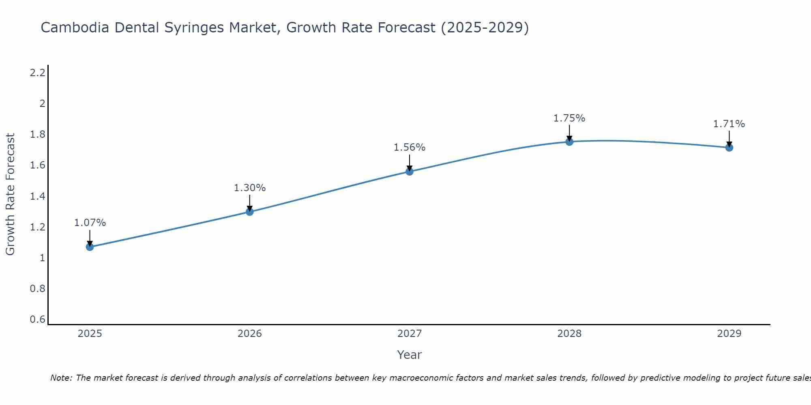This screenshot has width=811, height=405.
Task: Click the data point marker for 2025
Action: pos(90,247)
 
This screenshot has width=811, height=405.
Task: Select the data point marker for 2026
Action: pos(249,211)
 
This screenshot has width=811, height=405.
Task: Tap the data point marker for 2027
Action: pos(409,171)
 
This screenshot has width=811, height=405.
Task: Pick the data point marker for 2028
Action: pos(569,142)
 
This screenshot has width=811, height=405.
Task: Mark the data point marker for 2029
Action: pos(729,147)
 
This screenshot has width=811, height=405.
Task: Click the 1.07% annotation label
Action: pos(90,223)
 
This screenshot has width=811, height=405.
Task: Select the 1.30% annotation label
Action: pos(249,188)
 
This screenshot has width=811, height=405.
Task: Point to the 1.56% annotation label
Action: pos(409,147)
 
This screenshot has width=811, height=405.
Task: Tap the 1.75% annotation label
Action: pos(569,118)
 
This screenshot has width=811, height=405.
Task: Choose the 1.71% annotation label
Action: pos(729,124)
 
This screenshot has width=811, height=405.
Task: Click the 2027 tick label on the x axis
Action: pos(409,334)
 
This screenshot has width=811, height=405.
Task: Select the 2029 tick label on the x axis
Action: pos(729,334)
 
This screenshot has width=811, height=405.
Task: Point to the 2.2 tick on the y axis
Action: pos(37,73)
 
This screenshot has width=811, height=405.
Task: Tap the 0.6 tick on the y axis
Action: pos(37,320)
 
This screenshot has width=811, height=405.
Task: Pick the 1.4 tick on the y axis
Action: pos(37,196)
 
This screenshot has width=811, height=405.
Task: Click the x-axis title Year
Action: pos(409,355)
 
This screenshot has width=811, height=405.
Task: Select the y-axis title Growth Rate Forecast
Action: pos(10,194)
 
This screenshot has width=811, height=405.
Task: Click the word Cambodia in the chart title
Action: pos(75,28)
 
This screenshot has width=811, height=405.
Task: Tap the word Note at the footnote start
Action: pos(61,378)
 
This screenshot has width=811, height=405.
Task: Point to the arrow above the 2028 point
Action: pos(569,132)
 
